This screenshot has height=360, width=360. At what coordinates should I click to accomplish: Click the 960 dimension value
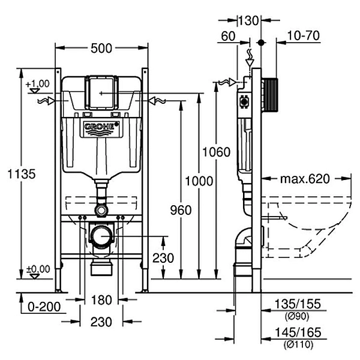(x=180, y=210)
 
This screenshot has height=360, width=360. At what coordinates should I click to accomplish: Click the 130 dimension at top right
(x=248, y=20)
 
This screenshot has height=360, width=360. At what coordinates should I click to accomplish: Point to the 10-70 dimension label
(x=303, y=36)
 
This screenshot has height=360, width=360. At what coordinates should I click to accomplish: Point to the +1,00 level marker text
(x=37, y=83)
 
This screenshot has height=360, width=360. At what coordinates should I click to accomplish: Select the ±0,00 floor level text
(x=37, y=268)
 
